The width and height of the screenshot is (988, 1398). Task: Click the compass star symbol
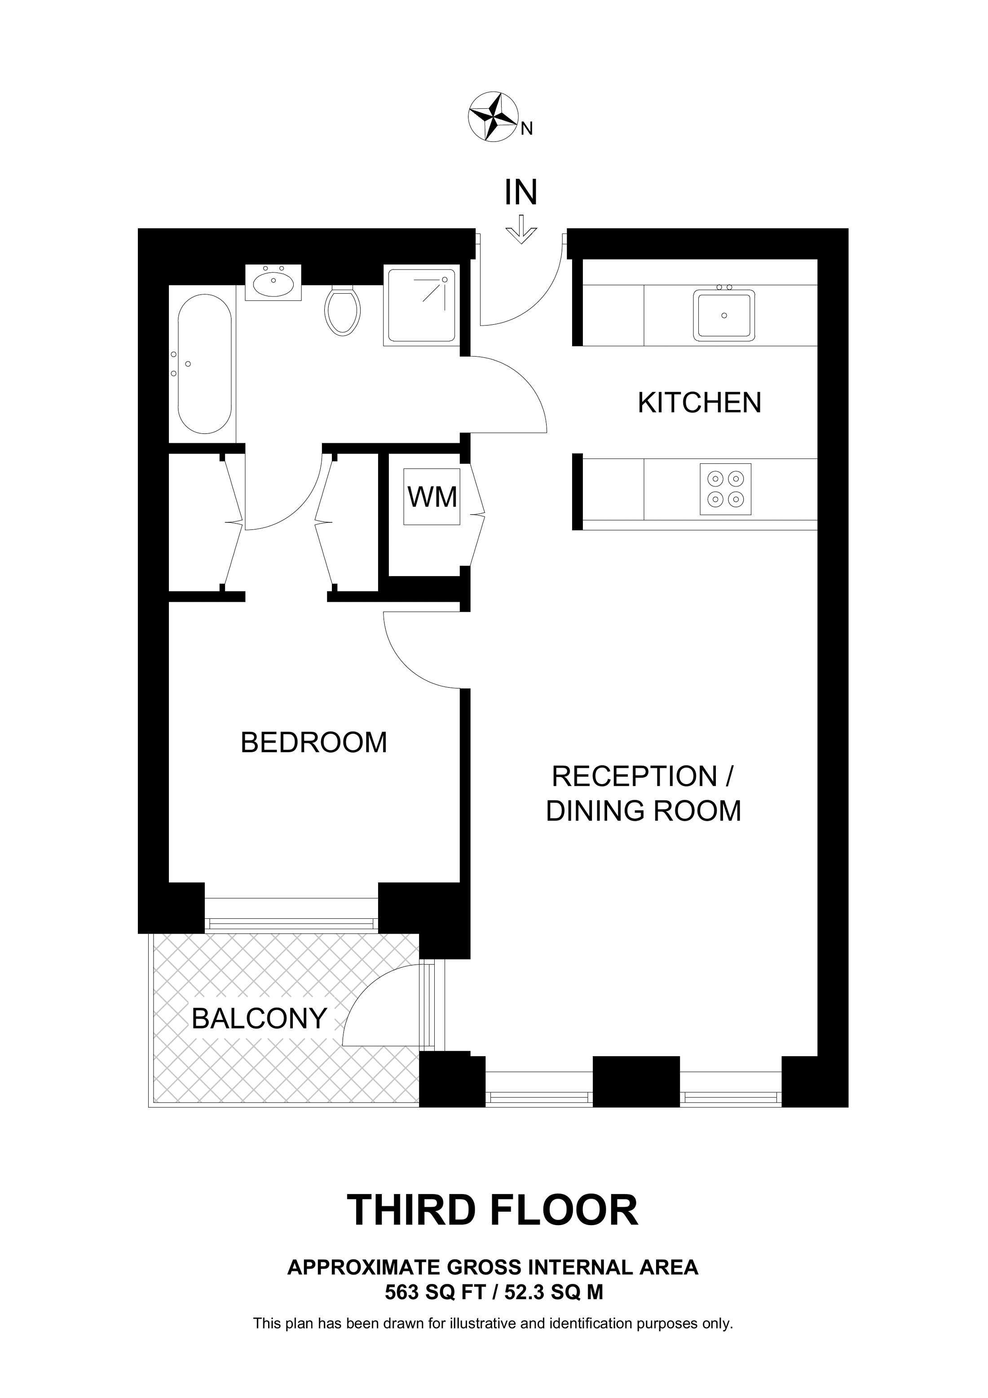(493, 117)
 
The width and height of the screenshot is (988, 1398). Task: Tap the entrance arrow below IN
(521, 229)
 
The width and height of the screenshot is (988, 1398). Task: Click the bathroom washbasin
(273, 283)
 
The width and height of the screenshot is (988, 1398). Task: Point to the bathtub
(204, 363)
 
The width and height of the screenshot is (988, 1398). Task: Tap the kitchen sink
(724, 315)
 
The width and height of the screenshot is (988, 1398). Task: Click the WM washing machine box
(432, 496)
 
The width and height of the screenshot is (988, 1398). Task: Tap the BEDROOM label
(314, 742)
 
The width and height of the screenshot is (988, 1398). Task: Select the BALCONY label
(259, 1018)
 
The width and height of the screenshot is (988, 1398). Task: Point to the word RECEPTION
(634, 776)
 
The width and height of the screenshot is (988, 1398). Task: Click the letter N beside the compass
(527, 128)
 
